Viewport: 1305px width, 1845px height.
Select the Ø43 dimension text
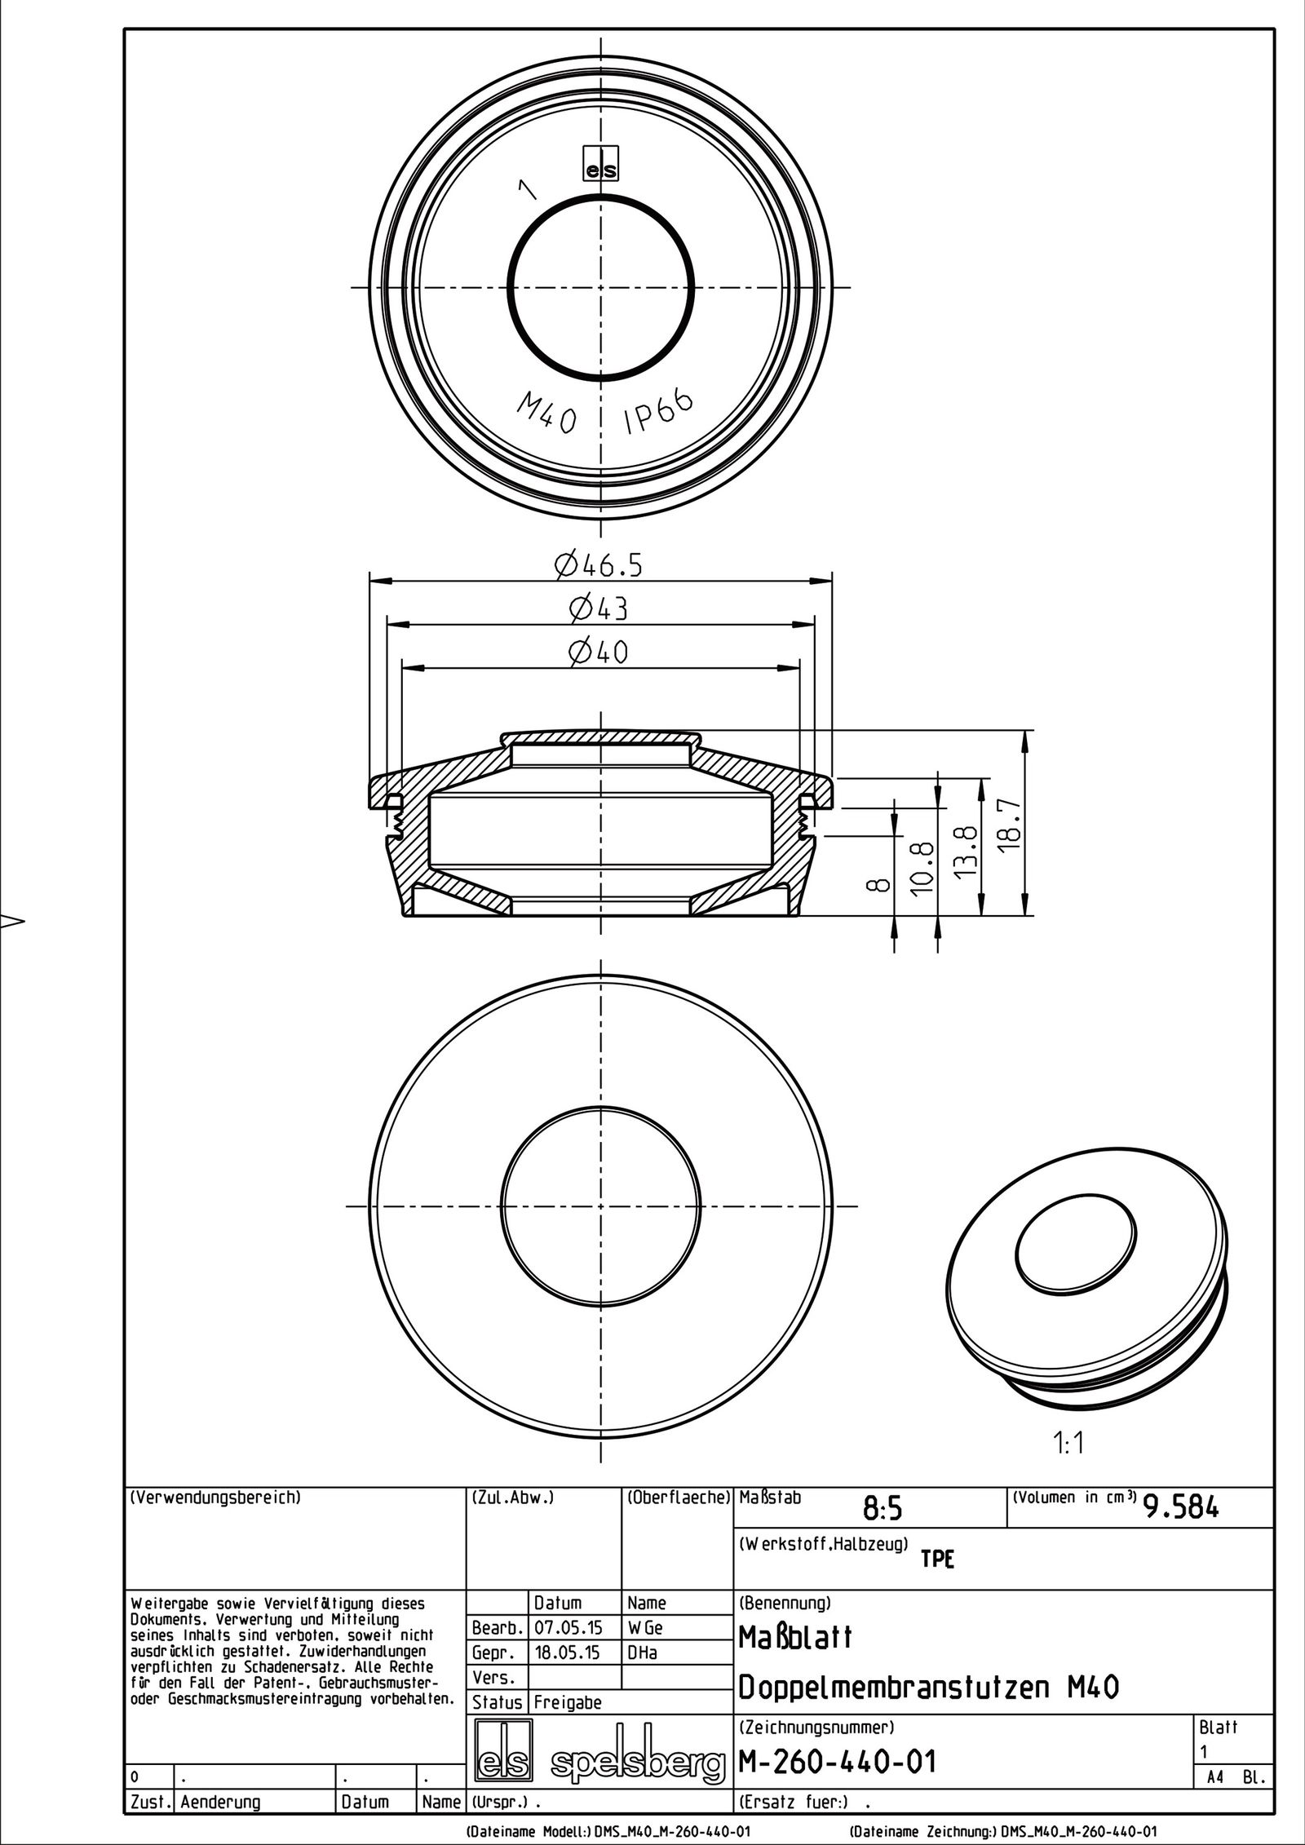click(x=599, y=608)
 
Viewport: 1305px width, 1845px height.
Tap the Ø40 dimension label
click(x=599, y=652)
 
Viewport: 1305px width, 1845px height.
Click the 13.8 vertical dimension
click(x=967, y=848)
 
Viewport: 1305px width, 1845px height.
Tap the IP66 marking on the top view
click(x=659, y=410)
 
